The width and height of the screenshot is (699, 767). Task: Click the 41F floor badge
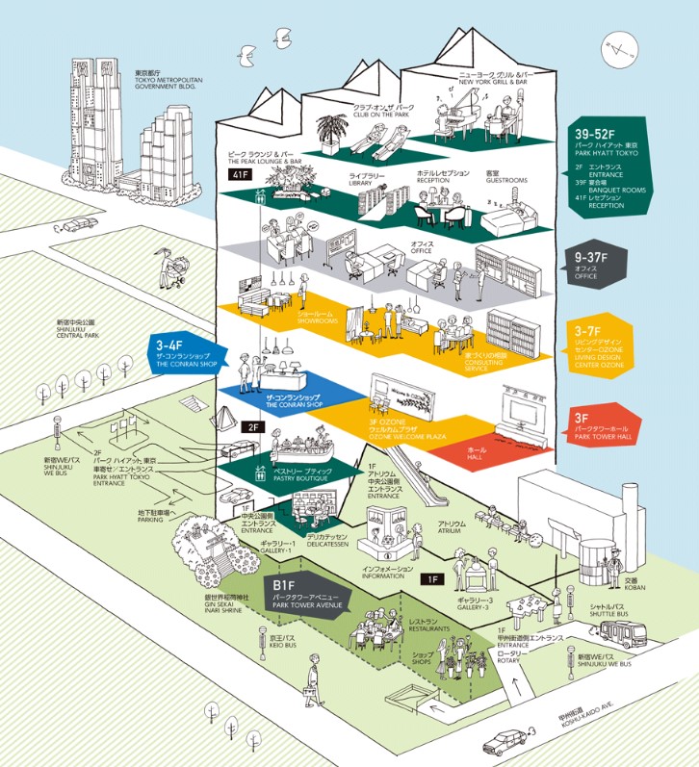point(238,174)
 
